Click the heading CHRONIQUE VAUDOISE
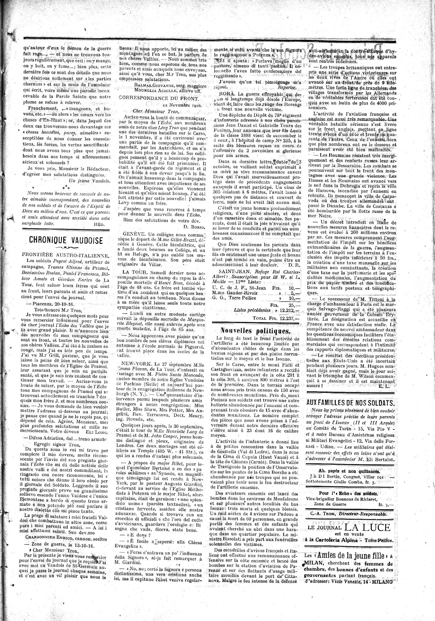tap(66, 240)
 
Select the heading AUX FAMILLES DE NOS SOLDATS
tap(350, 403)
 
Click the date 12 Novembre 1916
tap(183, 105)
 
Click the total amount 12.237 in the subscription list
tap(287, 318)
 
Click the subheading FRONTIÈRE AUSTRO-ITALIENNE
tap(66, 256)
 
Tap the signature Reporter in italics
tap(287, 87)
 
